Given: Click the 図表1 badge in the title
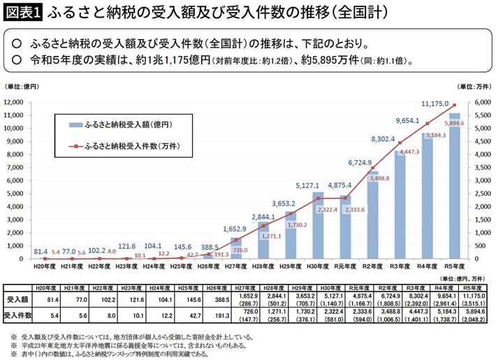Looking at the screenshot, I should point(22,13).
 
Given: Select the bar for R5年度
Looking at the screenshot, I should point(454,185).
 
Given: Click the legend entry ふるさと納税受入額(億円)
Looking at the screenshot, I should point(134,124).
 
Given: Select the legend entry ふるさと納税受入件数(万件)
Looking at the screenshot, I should point(134,147).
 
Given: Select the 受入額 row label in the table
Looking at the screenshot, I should point(17,300).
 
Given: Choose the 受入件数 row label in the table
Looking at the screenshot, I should point(17,315).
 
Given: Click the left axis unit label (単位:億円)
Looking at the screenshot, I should point(23,86).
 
